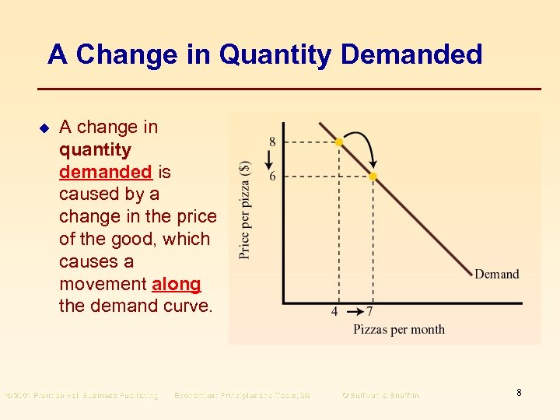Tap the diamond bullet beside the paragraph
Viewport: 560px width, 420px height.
point(44,127)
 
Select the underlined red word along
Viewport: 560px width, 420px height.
point(177,284)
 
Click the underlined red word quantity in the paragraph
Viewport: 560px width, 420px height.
point(95,149)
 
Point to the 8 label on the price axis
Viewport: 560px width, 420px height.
point(272,142)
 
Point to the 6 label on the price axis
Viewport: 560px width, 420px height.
point(272,177)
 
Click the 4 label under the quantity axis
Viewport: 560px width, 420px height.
point(334,312)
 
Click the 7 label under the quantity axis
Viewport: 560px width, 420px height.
point(369,312)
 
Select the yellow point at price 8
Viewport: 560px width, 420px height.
point(338,142)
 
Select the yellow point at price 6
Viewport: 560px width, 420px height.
point(373,177)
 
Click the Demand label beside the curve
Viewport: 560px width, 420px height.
point(496,274)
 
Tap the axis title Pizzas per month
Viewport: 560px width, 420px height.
point(399,329)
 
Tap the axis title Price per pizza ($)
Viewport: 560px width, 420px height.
point(245,210)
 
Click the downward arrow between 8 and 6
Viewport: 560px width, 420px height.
point(269,159)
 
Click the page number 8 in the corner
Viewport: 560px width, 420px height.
point(519,393)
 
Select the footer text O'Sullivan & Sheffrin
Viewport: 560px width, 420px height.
point(380,395)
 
